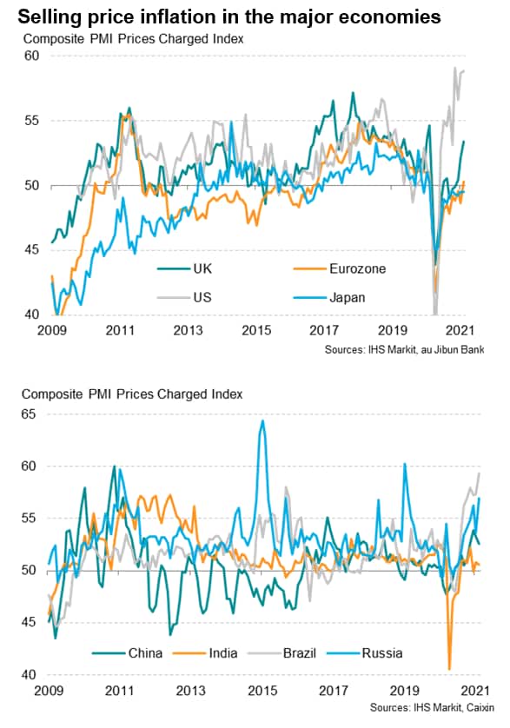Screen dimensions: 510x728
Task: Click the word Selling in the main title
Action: click(x=47, y=17)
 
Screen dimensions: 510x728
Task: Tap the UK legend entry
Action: click(x=184, y=268)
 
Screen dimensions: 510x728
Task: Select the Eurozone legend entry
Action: click(x=340, y=268)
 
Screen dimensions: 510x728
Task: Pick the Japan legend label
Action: click(x=347, y=298)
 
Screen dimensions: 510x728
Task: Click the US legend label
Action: click(x=202, y=298)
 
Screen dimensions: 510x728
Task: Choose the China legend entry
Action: click(x=127, y=653)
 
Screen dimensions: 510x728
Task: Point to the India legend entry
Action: click(x=205, y=653)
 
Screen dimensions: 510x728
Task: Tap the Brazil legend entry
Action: click(x=282, y=653)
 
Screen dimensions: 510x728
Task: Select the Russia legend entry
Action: click(x=365, y=653)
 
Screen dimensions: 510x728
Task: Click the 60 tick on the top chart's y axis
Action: click(x=31, y=56)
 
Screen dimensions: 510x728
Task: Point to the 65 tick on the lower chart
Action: click(x=29, y=414)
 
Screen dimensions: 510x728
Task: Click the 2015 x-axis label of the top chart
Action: click(x=256, y=331)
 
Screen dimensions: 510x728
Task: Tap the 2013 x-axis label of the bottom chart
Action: click(x=190, y=691)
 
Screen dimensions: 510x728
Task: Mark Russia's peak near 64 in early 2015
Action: click(x=262, y=420)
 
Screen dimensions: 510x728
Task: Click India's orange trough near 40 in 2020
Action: click(x=449, y=669)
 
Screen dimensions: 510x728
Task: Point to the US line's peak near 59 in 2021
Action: click(x=455, y=68)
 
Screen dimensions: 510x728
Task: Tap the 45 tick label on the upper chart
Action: click(x=31, y=250)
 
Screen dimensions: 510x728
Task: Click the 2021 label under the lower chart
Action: click(x=474, y=691)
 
